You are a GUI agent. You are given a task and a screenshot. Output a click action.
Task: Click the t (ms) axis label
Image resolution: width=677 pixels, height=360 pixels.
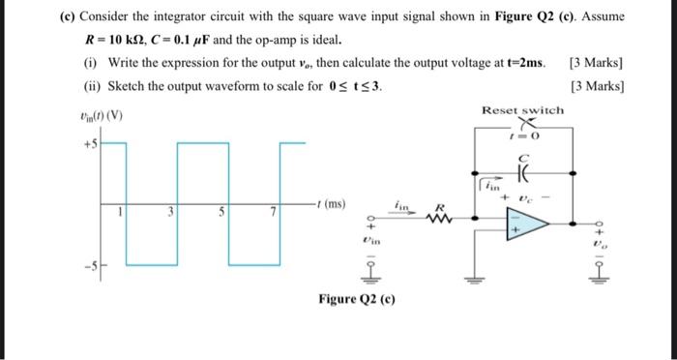[331, 204]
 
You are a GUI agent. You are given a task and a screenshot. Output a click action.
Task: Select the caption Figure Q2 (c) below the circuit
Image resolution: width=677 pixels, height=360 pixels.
[357, 299]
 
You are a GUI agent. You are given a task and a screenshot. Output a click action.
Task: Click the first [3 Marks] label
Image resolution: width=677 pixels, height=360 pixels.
[597, 64]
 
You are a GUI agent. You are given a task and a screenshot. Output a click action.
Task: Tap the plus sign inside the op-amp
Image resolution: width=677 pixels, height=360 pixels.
[514, 231]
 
